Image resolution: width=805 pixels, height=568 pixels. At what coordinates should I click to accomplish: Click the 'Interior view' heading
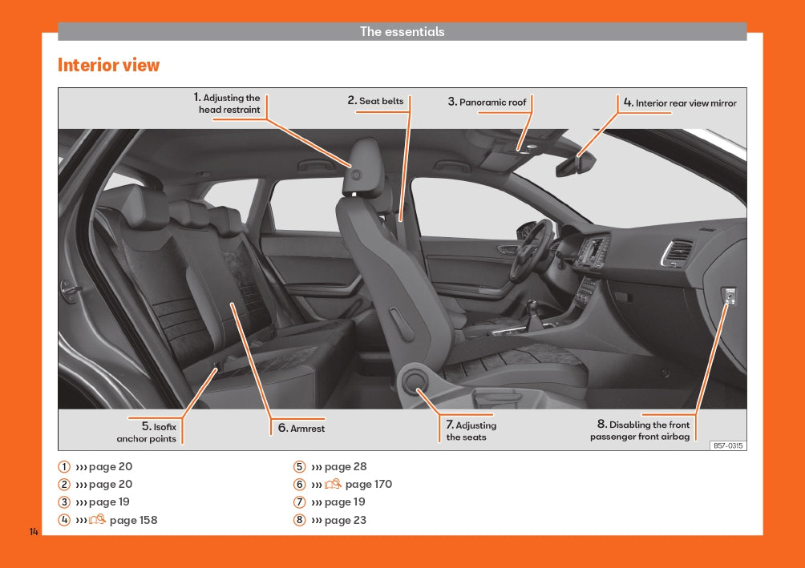[x=108, y=65]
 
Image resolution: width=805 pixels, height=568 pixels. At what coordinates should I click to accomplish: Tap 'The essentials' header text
[x=402, y=31]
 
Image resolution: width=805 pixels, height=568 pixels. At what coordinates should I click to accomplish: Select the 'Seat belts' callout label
[x=375, y=101]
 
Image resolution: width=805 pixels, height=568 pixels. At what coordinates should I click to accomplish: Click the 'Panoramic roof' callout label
[x=487, y=102]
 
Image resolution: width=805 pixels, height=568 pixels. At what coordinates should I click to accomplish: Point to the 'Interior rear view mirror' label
[x=680, y=103]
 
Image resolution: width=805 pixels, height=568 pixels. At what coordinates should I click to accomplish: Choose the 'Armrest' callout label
[x=301, y=428]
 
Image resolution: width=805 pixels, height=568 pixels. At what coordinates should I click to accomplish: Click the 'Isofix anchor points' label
[x=146, y=433]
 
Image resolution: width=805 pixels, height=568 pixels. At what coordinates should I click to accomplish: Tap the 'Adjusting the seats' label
[x=471, y=431]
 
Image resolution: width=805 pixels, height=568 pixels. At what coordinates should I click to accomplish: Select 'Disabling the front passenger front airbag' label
[x=640, y=430]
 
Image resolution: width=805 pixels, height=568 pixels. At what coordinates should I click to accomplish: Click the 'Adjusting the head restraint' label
[x=227, y=103]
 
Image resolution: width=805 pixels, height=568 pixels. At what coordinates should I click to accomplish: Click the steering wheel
[x=531, y=251]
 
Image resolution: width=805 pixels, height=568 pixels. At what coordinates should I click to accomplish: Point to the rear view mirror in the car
[x=575, y=165]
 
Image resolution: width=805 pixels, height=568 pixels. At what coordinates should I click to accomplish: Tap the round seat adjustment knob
[x=415, y=381]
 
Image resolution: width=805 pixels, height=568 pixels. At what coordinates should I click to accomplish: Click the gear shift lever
[x=534, y=315]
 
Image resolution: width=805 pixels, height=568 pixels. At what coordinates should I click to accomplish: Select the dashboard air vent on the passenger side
[x=677, y=252]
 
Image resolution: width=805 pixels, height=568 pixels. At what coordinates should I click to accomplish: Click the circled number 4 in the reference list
[x=64, y=520]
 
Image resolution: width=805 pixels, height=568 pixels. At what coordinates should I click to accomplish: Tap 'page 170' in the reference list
[x=369, y=484]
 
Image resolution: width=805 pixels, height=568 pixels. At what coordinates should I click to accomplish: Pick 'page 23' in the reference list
[x=346, y=520]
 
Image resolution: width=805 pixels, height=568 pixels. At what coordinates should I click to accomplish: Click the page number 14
[x=34, y=532]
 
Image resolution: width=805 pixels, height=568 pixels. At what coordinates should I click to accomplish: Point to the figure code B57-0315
[x=729, y=445]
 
